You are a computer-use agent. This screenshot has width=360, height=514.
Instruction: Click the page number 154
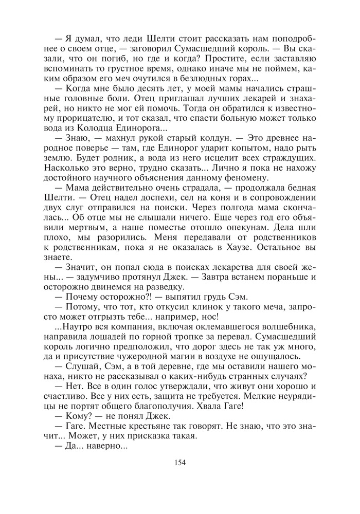pos(180,462)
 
